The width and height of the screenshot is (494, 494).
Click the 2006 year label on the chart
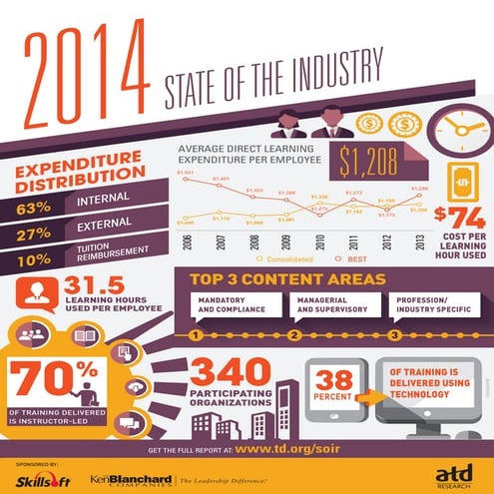pos(187,244)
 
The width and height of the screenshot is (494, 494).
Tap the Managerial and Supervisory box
pos(329,303)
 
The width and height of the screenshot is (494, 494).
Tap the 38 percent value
pos(336,379)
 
